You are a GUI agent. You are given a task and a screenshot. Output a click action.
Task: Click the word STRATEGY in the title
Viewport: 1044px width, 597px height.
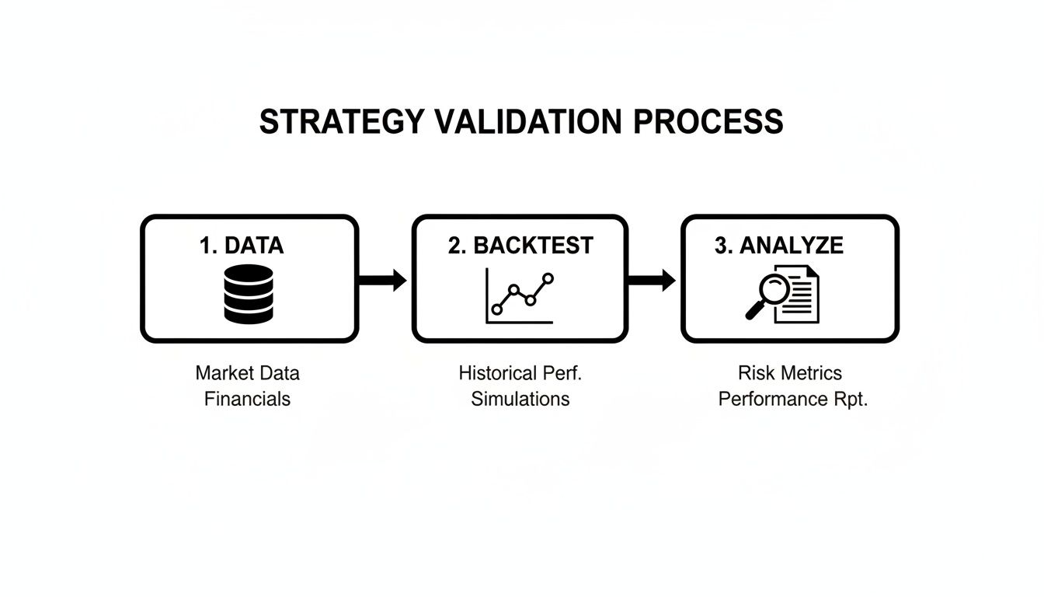pyautogui.click(x=342, y=123)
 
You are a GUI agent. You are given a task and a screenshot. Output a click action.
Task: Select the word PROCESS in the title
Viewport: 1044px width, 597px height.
pyautogui.click(x=708, y=123)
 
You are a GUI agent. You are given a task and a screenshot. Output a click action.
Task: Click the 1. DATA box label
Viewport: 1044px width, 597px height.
pyautogui.click(x=242, y=246)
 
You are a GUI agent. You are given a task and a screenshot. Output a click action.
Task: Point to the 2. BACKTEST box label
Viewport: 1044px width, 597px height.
pyautogui.click(x=520, y=246)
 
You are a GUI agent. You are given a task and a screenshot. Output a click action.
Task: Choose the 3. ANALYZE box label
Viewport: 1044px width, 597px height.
pyautogui.click(x=778, y=246)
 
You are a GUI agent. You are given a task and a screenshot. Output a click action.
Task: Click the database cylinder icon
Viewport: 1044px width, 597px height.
pyautogui.click(x=249, y=294)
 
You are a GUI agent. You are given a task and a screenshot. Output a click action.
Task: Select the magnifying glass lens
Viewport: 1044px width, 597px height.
pyautogui.click(x=774, y=291)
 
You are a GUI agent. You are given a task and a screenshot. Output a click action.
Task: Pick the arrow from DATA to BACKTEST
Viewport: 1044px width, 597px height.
pyautogui.click(x=383, y=280)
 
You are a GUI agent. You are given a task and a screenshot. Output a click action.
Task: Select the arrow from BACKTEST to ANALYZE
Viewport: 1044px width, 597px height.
pyautogui.click(x=652, y=280)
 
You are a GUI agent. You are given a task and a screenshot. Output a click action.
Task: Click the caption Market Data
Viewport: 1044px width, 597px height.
pyautogui.click(x=248, y=373)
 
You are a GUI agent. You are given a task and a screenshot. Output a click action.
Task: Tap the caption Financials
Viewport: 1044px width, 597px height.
pyautogui.click(x=248, y=400)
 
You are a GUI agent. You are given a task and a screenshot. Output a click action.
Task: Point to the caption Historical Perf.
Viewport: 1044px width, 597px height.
pyautogui.click(x=520, y=373)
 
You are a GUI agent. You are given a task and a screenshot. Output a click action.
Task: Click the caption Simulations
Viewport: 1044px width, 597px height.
pyautogui.click(x=520, y=400)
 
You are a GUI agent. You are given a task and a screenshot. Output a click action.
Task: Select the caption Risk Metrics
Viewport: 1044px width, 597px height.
pyautogui.click(x=790, y=373)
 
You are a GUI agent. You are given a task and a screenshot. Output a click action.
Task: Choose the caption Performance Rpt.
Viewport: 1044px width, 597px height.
pyautogui.click(x=792, y=400)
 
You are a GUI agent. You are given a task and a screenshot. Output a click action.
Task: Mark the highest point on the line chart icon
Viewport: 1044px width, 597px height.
pyautogui.click(x=548, y=278)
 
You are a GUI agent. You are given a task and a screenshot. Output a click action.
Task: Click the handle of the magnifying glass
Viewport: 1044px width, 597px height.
pyautogui.click(x=754, y=312)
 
